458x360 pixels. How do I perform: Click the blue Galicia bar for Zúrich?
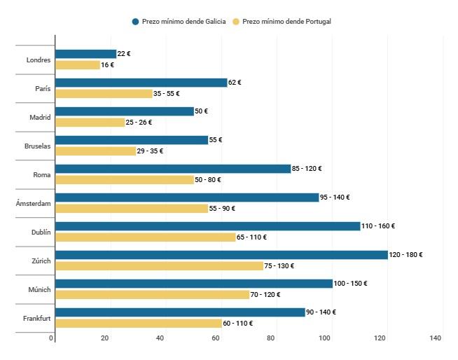click(221, 255)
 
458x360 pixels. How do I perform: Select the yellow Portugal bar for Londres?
click(78, 65)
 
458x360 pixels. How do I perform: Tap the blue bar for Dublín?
click(207, 226)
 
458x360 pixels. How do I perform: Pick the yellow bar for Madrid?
click(90, 123)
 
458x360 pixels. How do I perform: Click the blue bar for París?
click(141, 83)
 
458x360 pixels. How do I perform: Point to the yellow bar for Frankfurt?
click(138, 324)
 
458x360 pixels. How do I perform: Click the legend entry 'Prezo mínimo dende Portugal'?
click(286, 22)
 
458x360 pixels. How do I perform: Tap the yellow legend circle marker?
click(237, 22)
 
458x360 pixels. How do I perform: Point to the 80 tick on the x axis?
click(270, 339)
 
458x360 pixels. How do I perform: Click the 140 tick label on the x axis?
click(436, 339)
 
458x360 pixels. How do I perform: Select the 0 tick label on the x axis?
click(51, 339)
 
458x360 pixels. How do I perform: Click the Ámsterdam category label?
click(34, 203)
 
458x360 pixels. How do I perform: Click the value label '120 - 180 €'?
click(406, 255)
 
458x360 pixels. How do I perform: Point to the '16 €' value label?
click(107, 65)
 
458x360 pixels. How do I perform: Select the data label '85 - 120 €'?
click(307, 169)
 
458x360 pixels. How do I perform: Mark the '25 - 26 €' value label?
click(139, 123)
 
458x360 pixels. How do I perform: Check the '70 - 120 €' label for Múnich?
click(268, 295)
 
